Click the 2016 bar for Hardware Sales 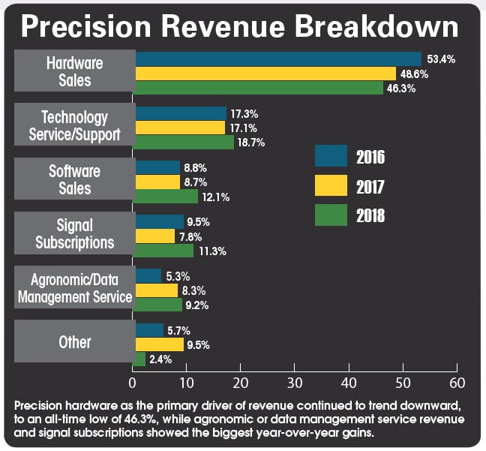277,59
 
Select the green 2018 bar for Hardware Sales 259,87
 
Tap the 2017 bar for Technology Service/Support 180,128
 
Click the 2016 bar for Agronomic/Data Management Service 148,275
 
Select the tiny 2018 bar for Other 140,359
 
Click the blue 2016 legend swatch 330,157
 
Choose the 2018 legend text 370,216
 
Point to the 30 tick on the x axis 294,382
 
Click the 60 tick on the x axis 455,382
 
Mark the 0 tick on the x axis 133,382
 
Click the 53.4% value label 440,59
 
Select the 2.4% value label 160,359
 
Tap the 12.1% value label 214,197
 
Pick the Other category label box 74,342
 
